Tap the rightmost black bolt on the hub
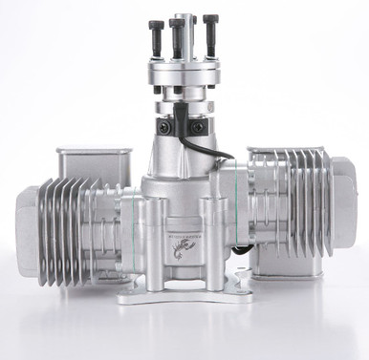coord(209,31)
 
